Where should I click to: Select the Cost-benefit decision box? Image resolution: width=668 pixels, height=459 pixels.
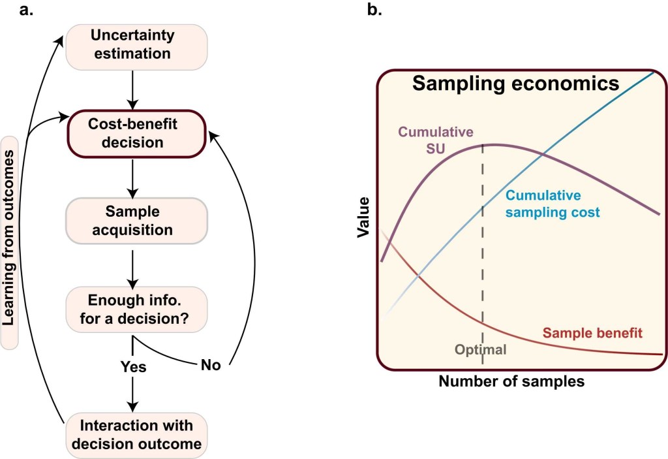click(136, 133)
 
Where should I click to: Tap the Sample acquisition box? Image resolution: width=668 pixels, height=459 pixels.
click(136, 221)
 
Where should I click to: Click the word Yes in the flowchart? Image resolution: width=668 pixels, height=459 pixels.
click(133, 367)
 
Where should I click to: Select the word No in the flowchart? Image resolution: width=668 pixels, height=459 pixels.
click(210, 365)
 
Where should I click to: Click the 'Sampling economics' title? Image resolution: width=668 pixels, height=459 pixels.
click(515, 84)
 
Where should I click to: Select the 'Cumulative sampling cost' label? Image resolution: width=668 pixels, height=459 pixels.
click(553, 204)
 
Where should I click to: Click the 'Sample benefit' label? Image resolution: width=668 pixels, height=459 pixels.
click(592, 333)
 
